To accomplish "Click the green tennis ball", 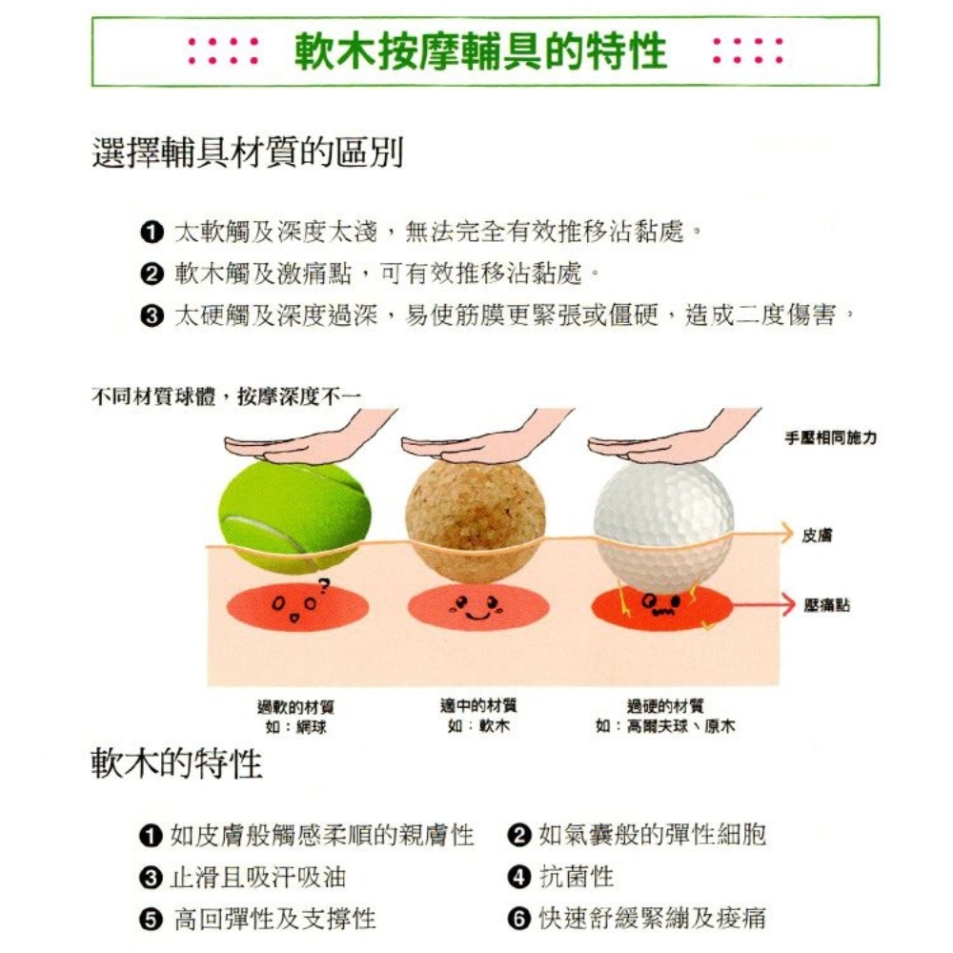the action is (294, 517).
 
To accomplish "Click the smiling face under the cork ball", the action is (477, 607).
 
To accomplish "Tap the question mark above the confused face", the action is (324, 586).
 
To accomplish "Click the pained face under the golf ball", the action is (660, 605).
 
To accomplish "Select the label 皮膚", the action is (817, 535).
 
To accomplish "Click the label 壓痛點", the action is (826, 605).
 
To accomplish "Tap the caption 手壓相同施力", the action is (831, 437).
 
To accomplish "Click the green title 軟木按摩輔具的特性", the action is (480, 51).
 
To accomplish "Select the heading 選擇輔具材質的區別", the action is (248, 152).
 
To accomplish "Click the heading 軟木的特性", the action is (176, 763).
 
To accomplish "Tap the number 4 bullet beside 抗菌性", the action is (518, 877).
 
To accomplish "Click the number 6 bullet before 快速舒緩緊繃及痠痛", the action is (518, 919).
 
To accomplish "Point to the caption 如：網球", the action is (296, 727).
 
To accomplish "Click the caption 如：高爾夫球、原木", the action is (665, 726).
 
